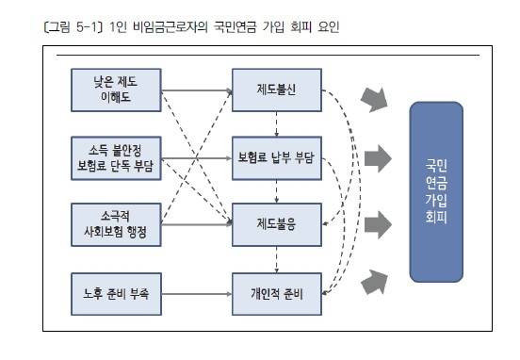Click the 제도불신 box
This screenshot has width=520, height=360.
277,90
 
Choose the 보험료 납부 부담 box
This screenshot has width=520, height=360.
277,155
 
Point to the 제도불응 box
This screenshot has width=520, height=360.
277,224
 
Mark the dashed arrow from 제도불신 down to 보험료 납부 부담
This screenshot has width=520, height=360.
277,123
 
